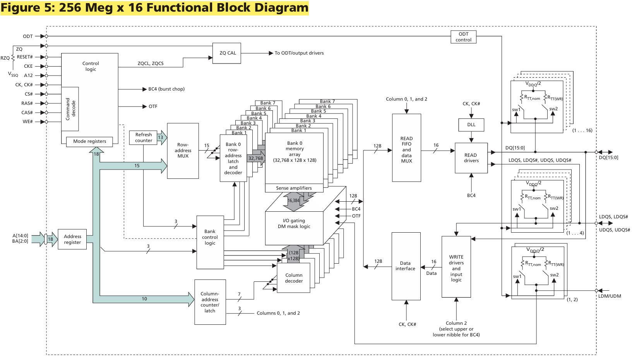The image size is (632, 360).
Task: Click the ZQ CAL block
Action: [226, 53]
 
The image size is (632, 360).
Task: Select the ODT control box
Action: [463, 37]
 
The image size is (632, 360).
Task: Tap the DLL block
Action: [471, 125]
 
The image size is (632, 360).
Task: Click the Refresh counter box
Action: [143, 138]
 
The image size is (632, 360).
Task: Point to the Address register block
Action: [72, 239]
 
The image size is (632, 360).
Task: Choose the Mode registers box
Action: [89, 142]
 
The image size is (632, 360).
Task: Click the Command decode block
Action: [70, 109]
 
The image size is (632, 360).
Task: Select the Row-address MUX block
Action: [183, 151]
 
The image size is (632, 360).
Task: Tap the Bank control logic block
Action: [210, 242]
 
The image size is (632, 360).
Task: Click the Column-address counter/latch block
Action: [210, 302]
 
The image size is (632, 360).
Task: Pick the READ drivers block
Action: [471, 158]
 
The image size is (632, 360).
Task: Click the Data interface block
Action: [406, 266]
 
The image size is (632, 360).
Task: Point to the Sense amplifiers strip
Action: [294, 188]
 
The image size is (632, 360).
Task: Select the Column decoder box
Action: [293, 278]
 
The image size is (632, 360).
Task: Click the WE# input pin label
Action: [27, 122]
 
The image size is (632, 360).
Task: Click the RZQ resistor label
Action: [5, 58]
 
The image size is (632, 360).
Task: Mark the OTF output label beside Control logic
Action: [153, 107]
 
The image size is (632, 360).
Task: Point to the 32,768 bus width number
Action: [255, 158]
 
